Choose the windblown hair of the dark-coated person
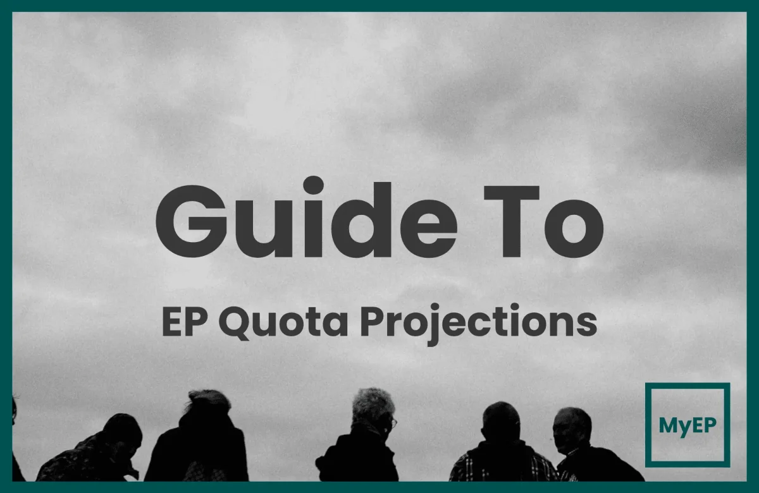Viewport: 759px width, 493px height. [x=209, y=400]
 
